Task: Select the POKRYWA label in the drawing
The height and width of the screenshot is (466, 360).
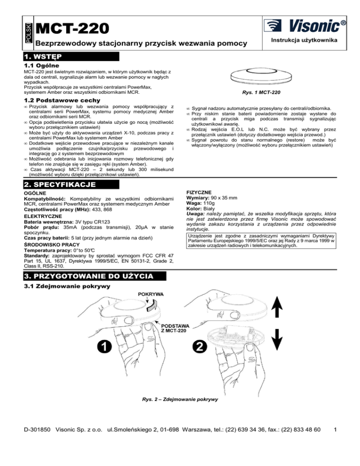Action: [x=150, y=294]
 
